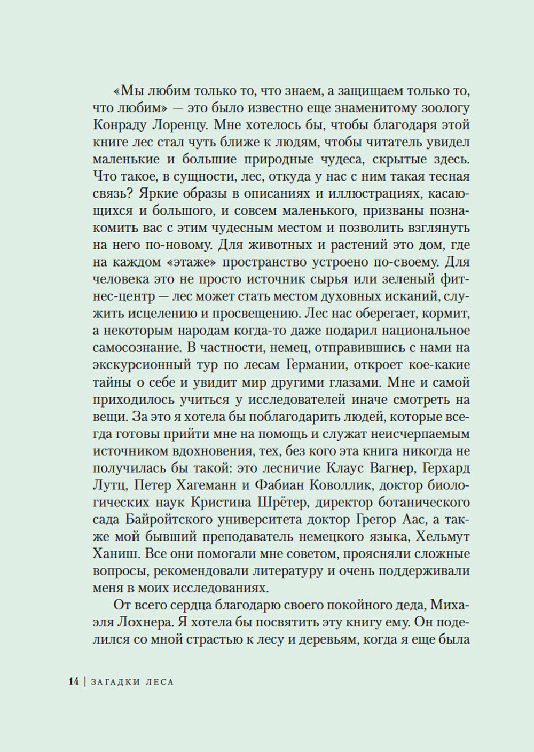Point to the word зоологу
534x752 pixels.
click(443, 109)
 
